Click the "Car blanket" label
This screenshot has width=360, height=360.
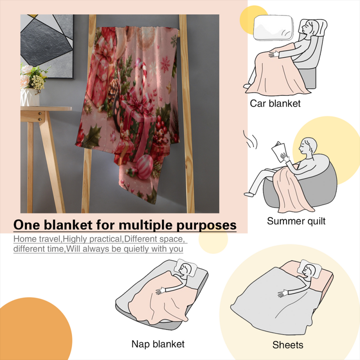(x=275, y=103)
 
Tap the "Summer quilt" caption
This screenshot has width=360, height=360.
(x=296, y=221)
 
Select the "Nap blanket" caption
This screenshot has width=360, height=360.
(x=158, y=344)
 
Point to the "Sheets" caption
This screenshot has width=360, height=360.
(x=288, y=345)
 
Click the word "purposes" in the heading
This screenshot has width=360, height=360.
(x=206, y=225)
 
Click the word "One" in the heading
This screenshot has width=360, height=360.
(x=27, y=225)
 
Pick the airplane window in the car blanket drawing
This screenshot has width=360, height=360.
(x=273, y=27)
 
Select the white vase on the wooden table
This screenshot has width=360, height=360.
(x=30, y=97)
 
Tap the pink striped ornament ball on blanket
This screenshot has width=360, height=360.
(x=144, y=167)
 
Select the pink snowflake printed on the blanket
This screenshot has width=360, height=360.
(x=165, y=63)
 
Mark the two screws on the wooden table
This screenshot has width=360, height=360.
(x=40, y=116)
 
